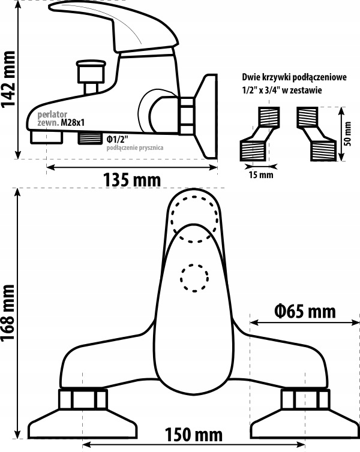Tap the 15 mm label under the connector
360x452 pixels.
point(261,175)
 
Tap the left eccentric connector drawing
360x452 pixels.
point(257,134)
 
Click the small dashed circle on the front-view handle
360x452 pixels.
point(194,278)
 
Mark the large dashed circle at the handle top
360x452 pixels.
point(194,219)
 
